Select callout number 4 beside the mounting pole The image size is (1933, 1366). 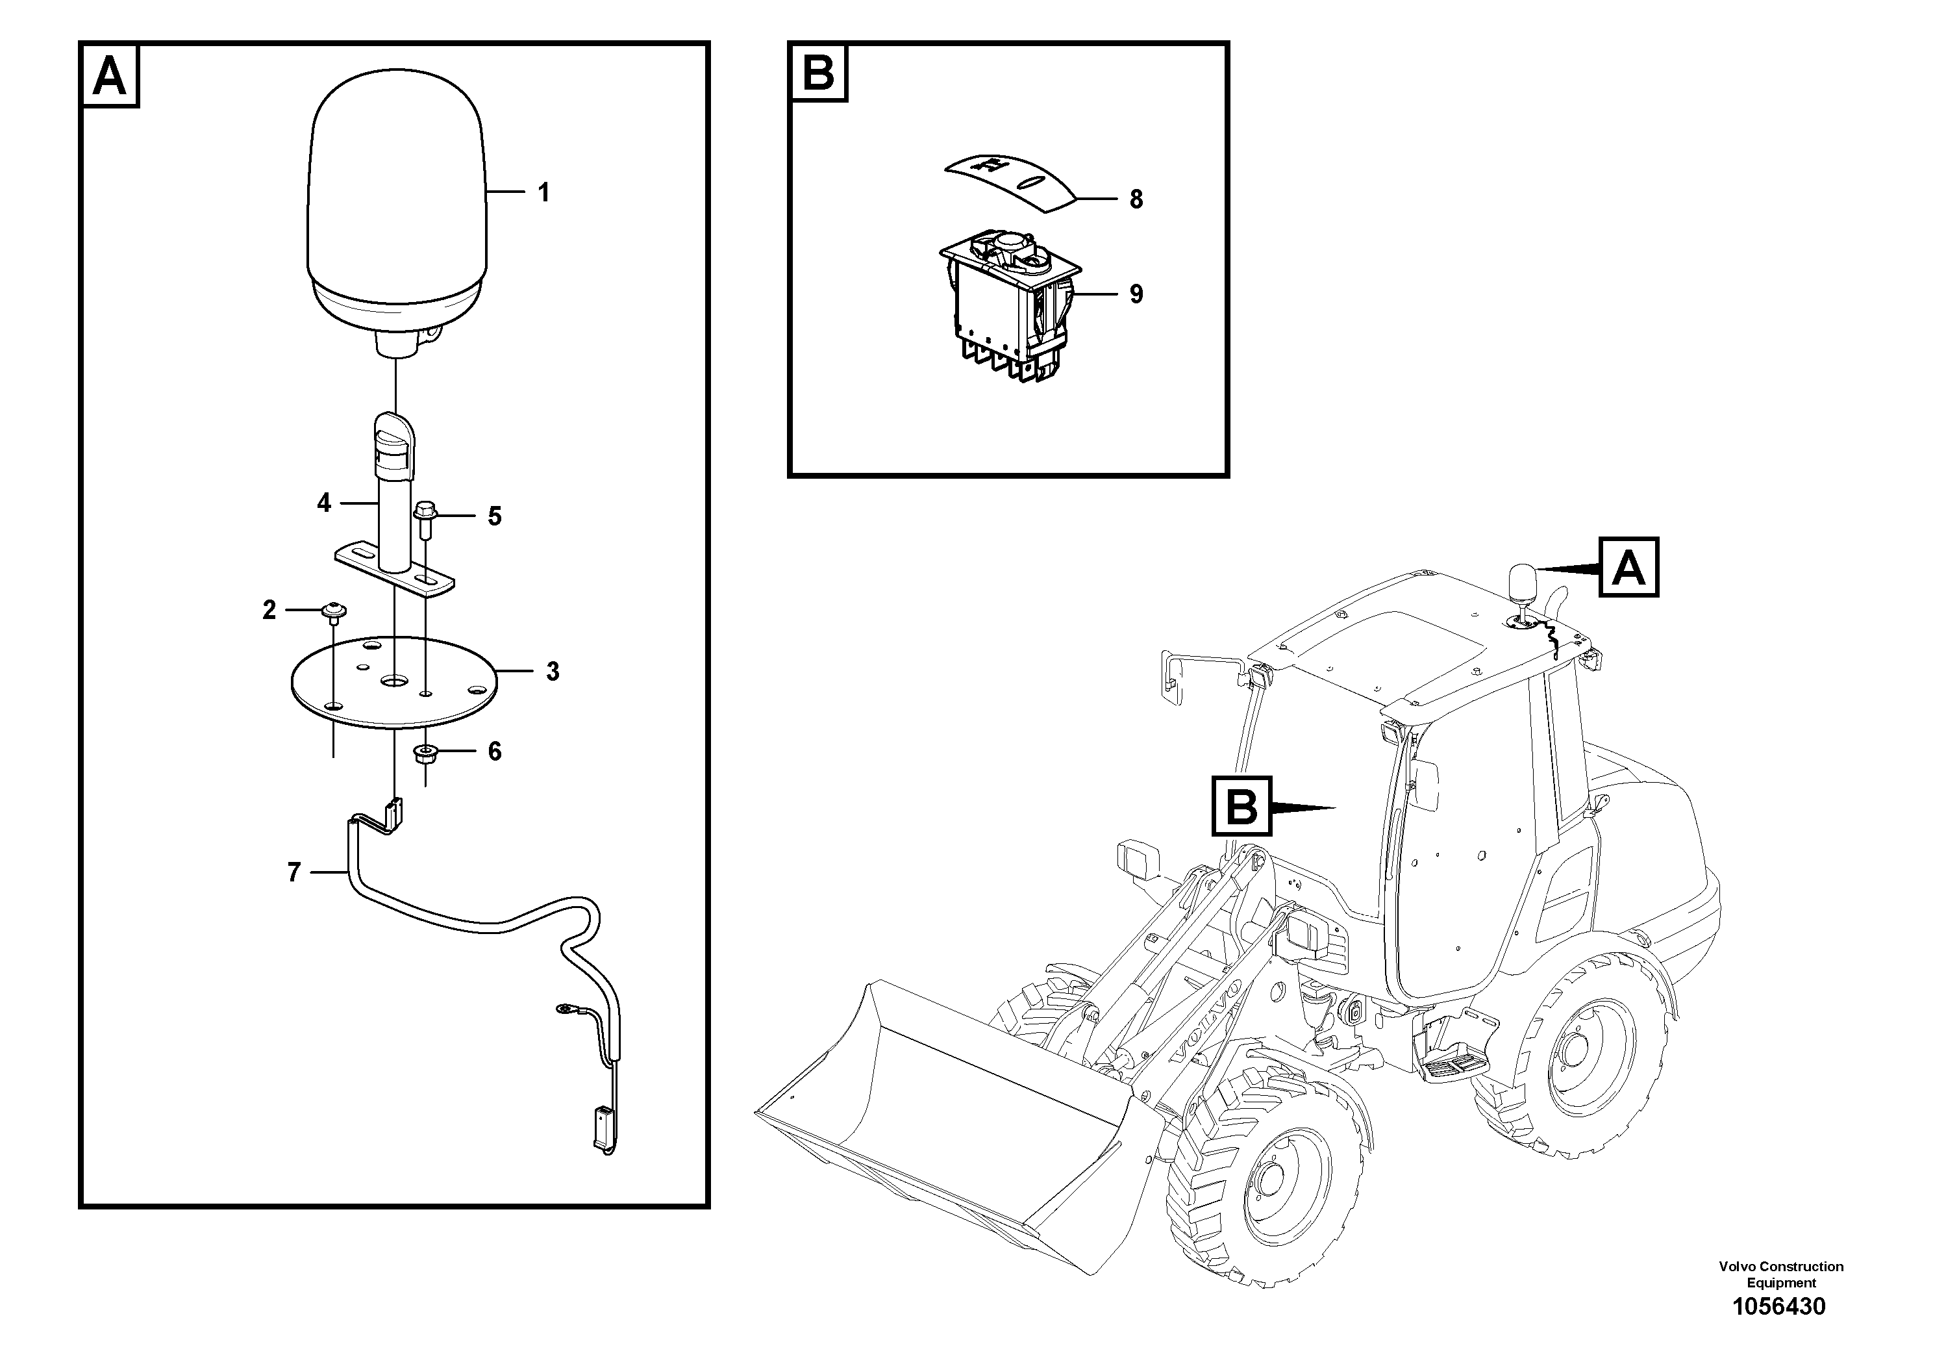(324, 503)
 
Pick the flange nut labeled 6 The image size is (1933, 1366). (426, 752)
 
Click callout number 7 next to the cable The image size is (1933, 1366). (294, 872)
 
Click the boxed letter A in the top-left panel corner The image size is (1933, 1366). (110, 77)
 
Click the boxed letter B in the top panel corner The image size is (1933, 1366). (818, 73)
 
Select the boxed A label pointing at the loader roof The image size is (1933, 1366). (1628, 568)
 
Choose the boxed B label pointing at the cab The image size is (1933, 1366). (1241, 807)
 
